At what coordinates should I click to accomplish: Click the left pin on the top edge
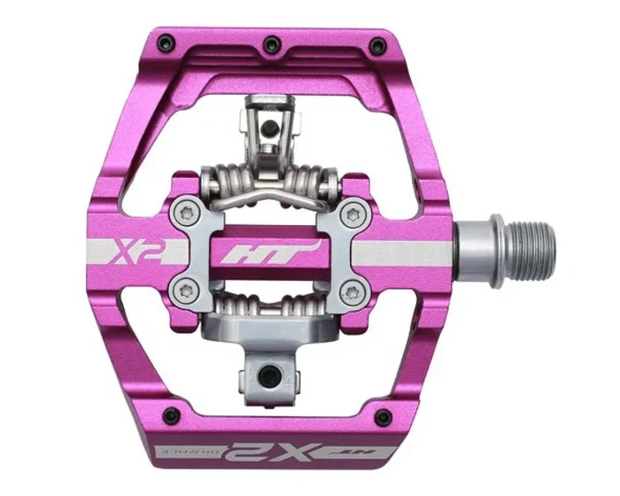tap(161, 39)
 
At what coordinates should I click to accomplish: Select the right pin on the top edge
tap(382, 39)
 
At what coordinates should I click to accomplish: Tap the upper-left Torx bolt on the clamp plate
tap(182, 213)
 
